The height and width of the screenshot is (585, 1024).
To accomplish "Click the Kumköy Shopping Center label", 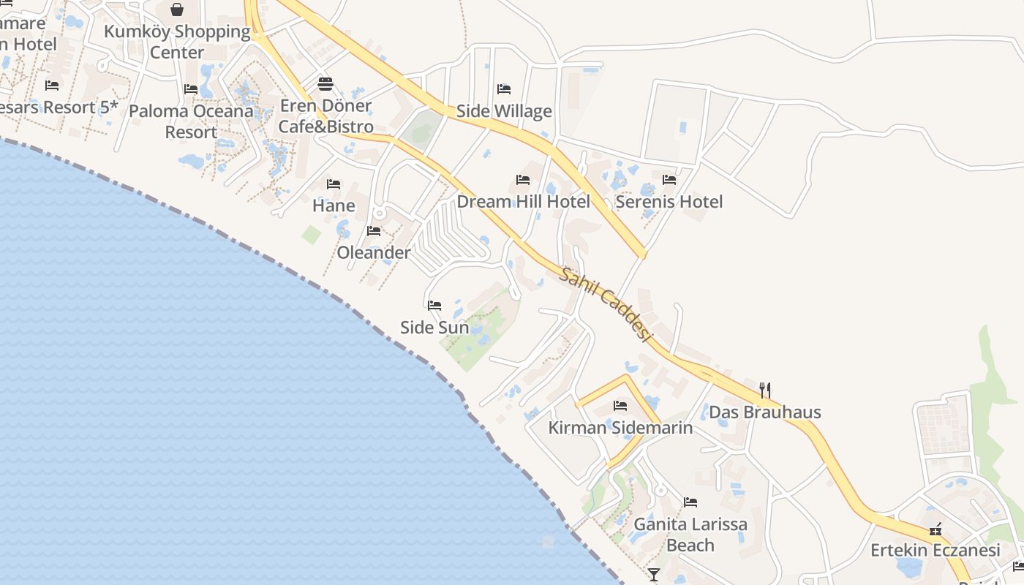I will coord(177,42).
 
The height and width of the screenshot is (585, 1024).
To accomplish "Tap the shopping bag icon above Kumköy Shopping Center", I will coord(177,10).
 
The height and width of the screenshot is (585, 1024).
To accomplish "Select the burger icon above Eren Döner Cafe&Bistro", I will coord(325,83).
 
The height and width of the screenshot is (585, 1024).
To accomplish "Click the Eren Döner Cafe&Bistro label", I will coord(325,116).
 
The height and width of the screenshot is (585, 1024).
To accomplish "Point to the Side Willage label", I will coord(504,111).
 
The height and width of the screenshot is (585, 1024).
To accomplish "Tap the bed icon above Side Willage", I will coord(504,89).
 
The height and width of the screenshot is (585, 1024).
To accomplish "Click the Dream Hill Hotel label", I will coord(523,202).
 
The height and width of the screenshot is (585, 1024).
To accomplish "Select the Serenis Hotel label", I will coord(669,202).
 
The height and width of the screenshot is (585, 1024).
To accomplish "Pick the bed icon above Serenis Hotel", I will coord(669,179).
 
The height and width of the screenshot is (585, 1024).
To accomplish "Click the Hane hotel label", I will coord(334,205).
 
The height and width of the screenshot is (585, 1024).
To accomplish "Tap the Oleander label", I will coord(374,253).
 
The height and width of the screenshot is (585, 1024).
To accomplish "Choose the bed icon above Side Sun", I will coord(434,305).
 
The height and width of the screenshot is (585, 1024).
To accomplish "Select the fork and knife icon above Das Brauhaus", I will coord(765,390).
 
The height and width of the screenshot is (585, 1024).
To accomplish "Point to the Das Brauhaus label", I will coord(765,412).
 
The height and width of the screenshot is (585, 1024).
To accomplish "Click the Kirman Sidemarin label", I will coord(620,428).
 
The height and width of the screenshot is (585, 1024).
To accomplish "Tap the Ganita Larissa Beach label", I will coord(690,535).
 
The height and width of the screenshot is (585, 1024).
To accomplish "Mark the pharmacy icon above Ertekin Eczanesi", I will coord(935,529).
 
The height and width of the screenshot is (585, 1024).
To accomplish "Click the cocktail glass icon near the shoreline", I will coord(653,575).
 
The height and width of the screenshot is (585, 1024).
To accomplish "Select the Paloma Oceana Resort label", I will coord(191,122).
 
